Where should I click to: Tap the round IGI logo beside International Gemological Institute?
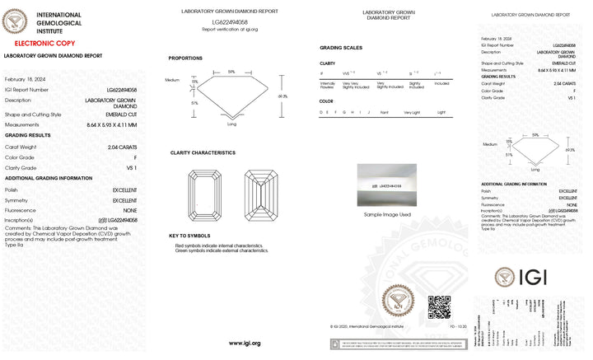pyautogui.click(x=15, y=21)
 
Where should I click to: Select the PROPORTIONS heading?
pyautogui.click(x=185, y=58)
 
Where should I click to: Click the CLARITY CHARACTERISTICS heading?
pyautogui.click(x=203, y=152)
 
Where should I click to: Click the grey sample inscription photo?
pyautogui.click(x=387, y=186)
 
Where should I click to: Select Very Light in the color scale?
pyautogui.click(x=412, y=111)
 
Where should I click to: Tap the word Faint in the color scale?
pyautogui.click(x=385, y=111)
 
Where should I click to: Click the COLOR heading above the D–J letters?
pyautogui.click(x=326, y=101)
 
